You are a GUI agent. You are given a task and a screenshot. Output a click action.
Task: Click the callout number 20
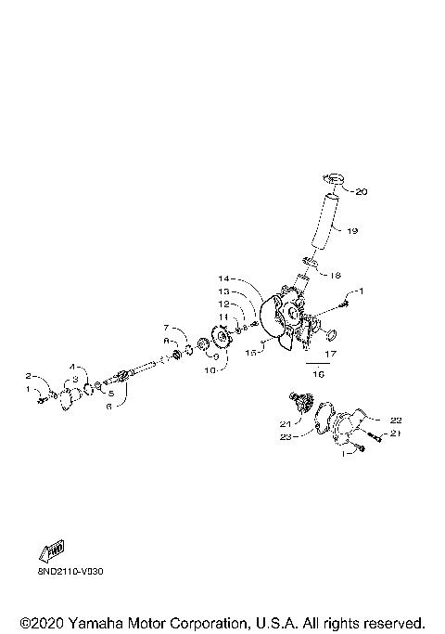tap(362, 192)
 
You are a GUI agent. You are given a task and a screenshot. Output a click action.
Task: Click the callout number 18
tap(336, 275)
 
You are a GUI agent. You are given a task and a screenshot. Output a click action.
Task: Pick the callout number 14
tap(224, 278)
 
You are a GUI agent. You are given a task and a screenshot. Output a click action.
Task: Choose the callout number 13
tap(224, 291)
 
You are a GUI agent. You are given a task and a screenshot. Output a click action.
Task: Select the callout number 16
tap(320, 374)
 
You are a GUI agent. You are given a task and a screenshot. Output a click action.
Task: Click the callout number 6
tap(108, 406)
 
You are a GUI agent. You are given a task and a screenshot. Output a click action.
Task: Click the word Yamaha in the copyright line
tap(89, 622)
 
